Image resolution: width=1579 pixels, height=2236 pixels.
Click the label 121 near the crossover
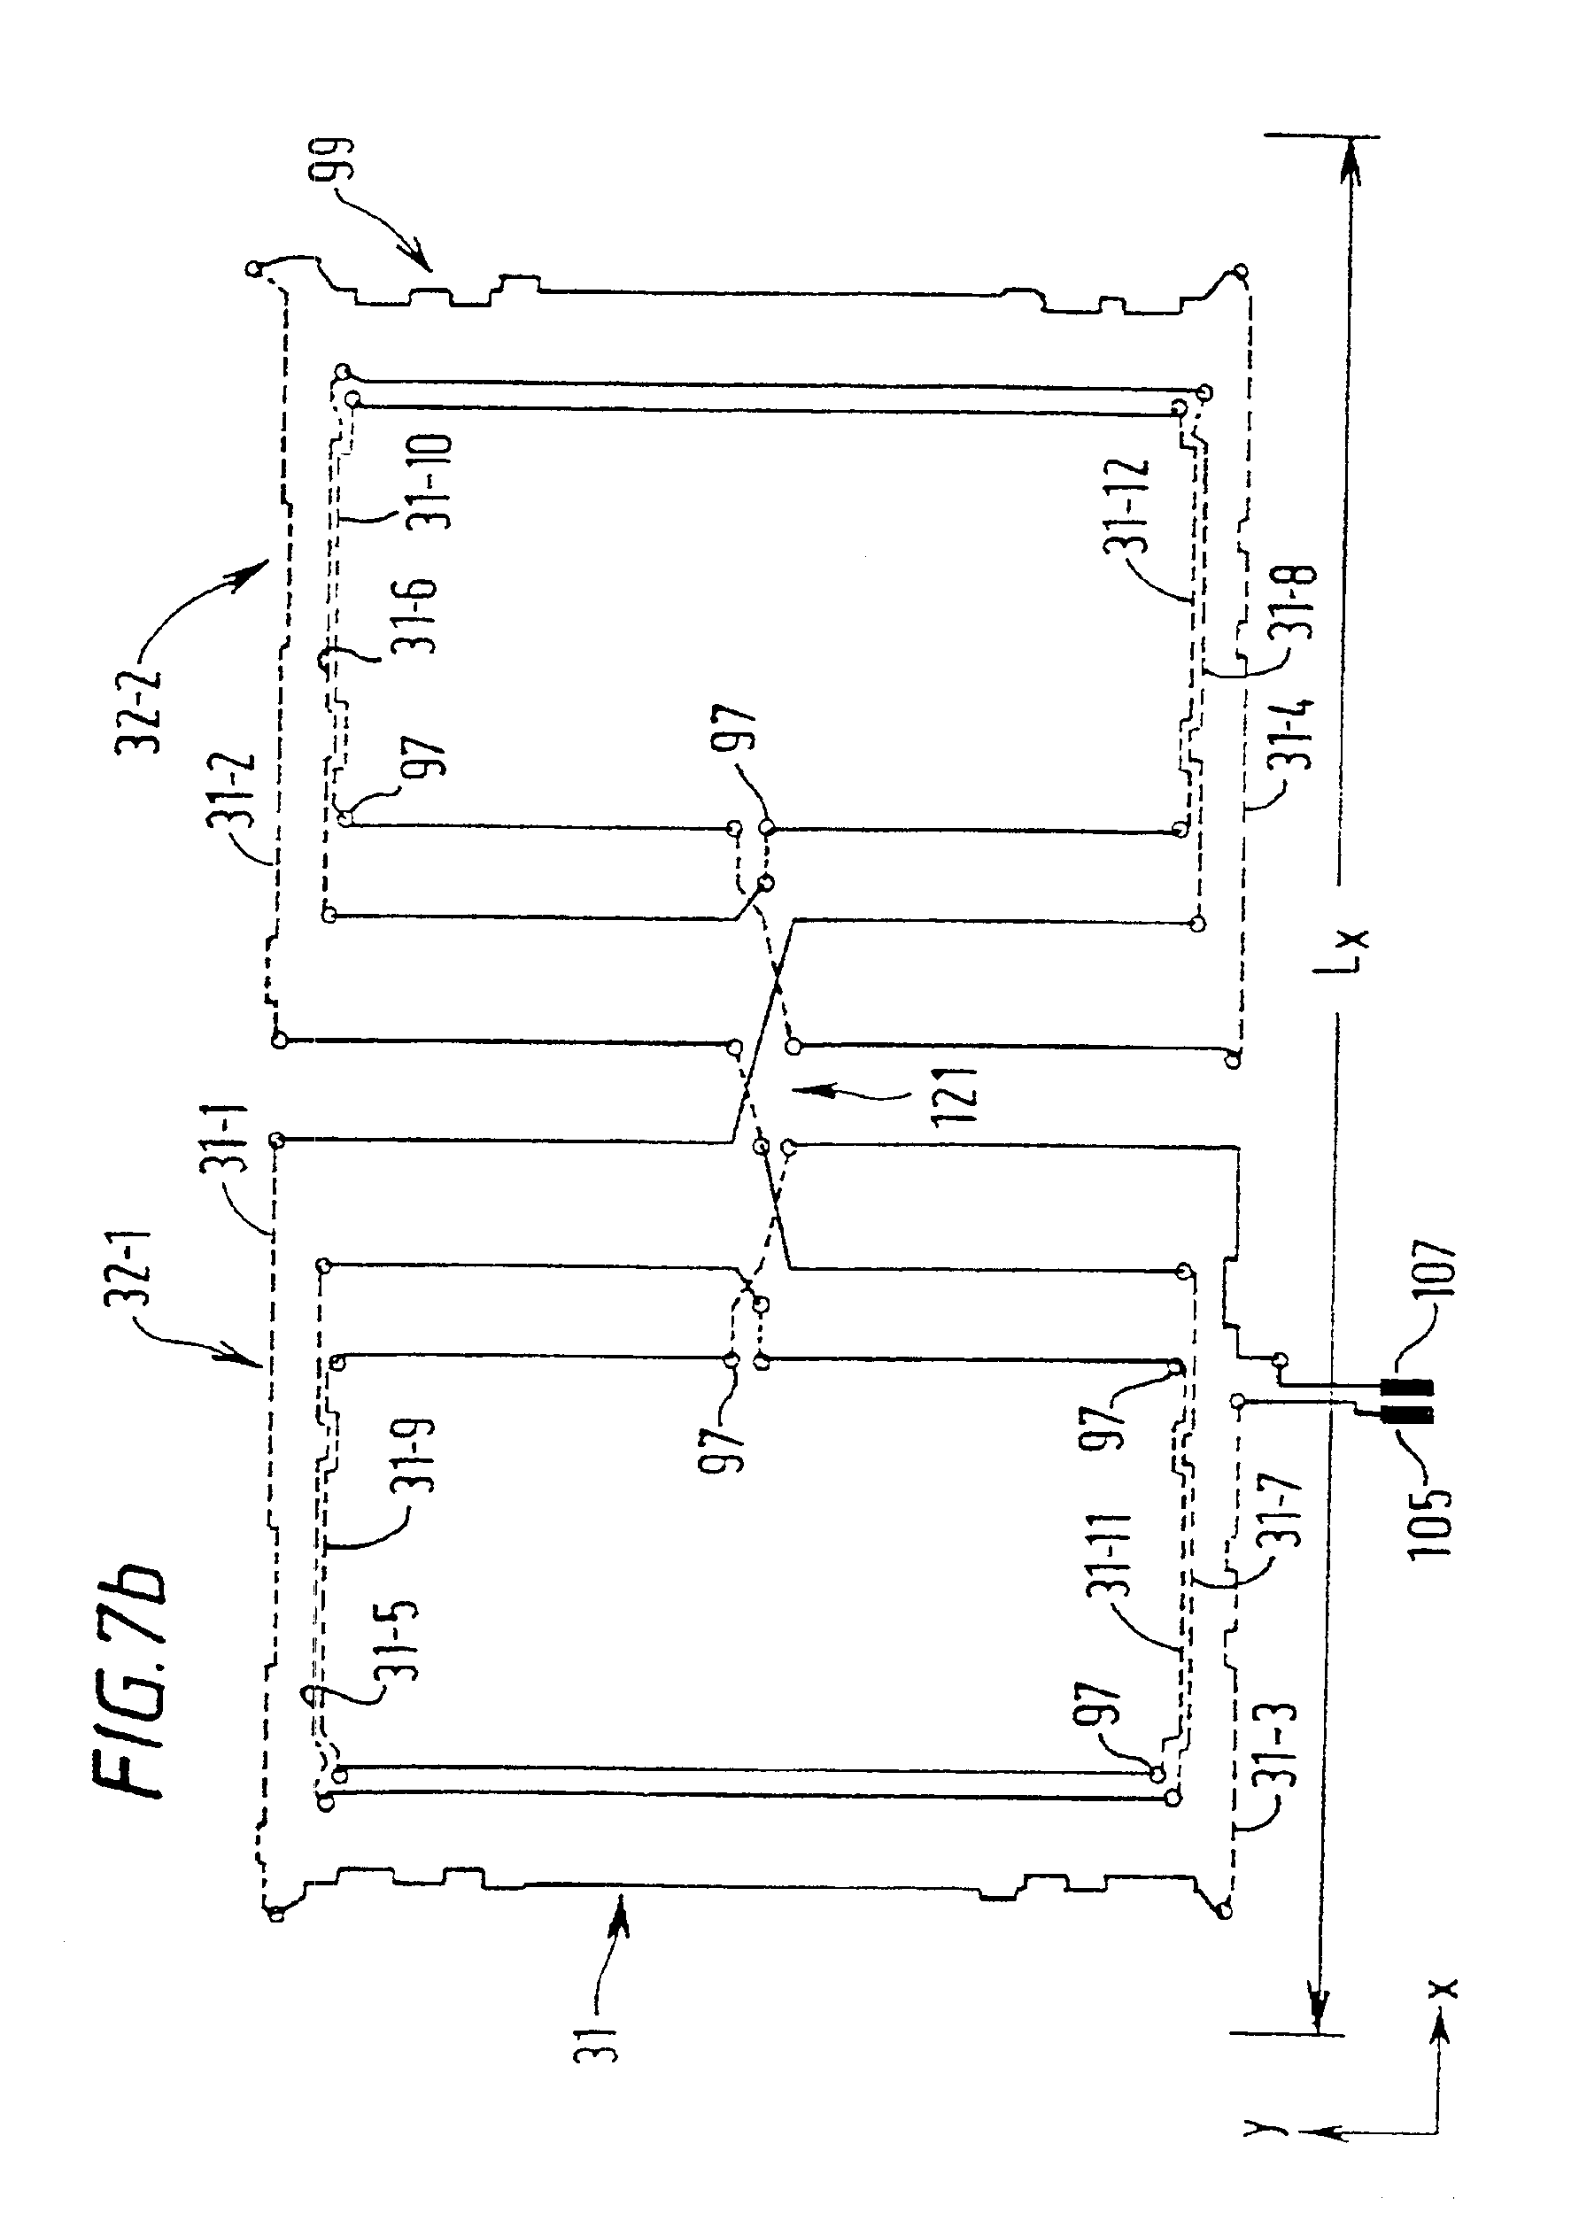click(956, 1096)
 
